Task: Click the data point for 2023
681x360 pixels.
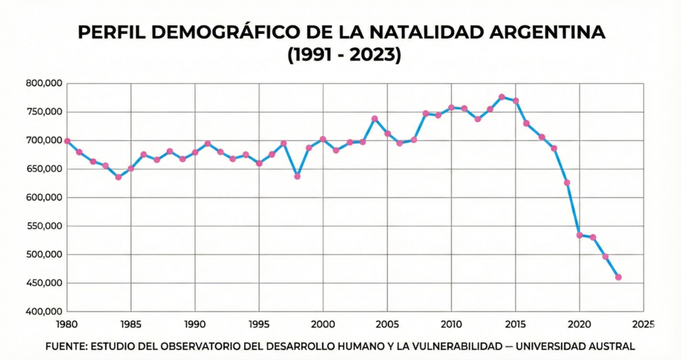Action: click(x=618, y=277)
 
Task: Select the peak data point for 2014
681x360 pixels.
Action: click(x=501, y=97)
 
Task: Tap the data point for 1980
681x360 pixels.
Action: click(x=67, y=141)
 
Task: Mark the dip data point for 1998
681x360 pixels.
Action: click(x=297, y=176)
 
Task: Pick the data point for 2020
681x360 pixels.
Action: click(x=579, y=235)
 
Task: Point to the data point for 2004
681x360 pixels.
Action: click(x=374, y=119)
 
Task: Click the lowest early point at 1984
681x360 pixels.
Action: click(x=118, y=177)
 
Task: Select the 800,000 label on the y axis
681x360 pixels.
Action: click(x=44, y=83)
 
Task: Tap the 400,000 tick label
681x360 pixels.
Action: click(x=44, y=311)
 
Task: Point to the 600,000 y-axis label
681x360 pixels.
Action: click(x=44, y=198)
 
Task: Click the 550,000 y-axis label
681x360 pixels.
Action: click(x=44, y=226)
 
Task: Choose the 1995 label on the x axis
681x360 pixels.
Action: click(x=259, y=324)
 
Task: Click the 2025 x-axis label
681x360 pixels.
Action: click(x=643, y=324)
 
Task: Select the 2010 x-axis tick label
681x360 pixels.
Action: click(x=451, y=324)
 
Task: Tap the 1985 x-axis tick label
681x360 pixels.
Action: click(x=130, y=324)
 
